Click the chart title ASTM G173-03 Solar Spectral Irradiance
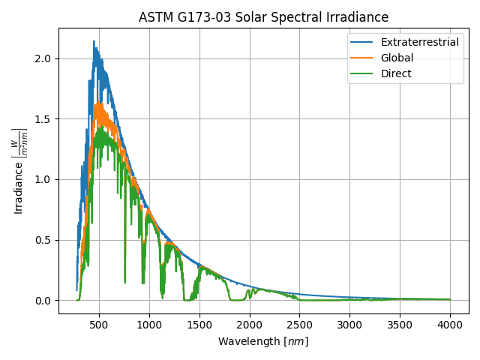tap(263, 17)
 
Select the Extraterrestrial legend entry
tap(419, 42)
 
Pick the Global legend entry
tap(397, 58)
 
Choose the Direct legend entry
tap(396, 73)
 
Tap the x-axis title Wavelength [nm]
tap(263, 341)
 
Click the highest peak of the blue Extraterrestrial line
tap(94, 41)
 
